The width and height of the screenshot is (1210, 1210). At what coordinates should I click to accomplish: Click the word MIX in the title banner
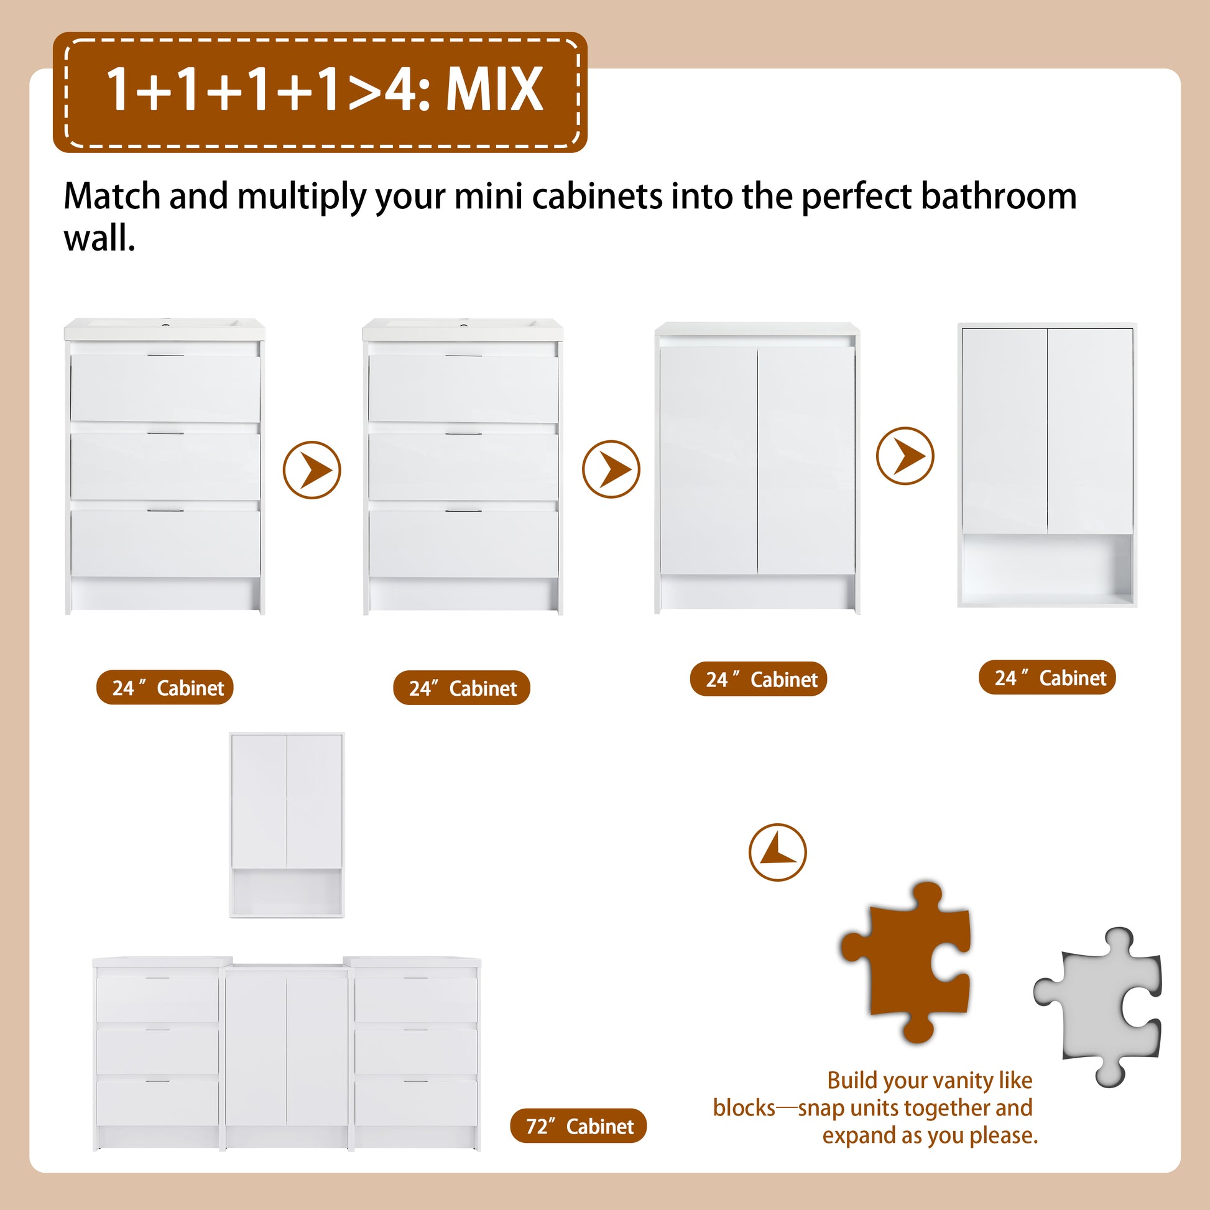click(x=494, y=89)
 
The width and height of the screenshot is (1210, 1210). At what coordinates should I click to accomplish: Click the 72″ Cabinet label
click(x=578, y=1143)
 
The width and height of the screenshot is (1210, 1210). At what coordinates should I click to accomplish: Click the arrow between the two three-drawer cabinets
click(x=312, y=469)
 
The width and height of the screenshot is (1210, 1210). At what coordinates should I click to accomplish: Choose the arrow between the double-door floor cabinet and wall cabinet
click(x=905, y=455)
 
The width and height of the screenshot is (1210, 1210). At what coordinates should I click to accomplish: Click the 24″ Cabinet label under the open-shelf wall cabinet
click(x=1047, y=677)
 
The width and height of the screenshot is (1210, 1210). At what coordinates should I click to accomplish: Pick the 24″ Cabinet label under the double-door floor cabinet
click(x=759, y=679)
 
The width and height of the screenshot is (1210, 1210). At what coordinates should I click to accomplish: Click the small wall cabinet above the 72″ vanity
click(x=287, y=825)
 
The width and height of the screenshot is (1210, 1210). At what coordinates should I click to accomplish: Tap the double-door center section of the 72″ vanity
click(x=287, y=1058)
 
